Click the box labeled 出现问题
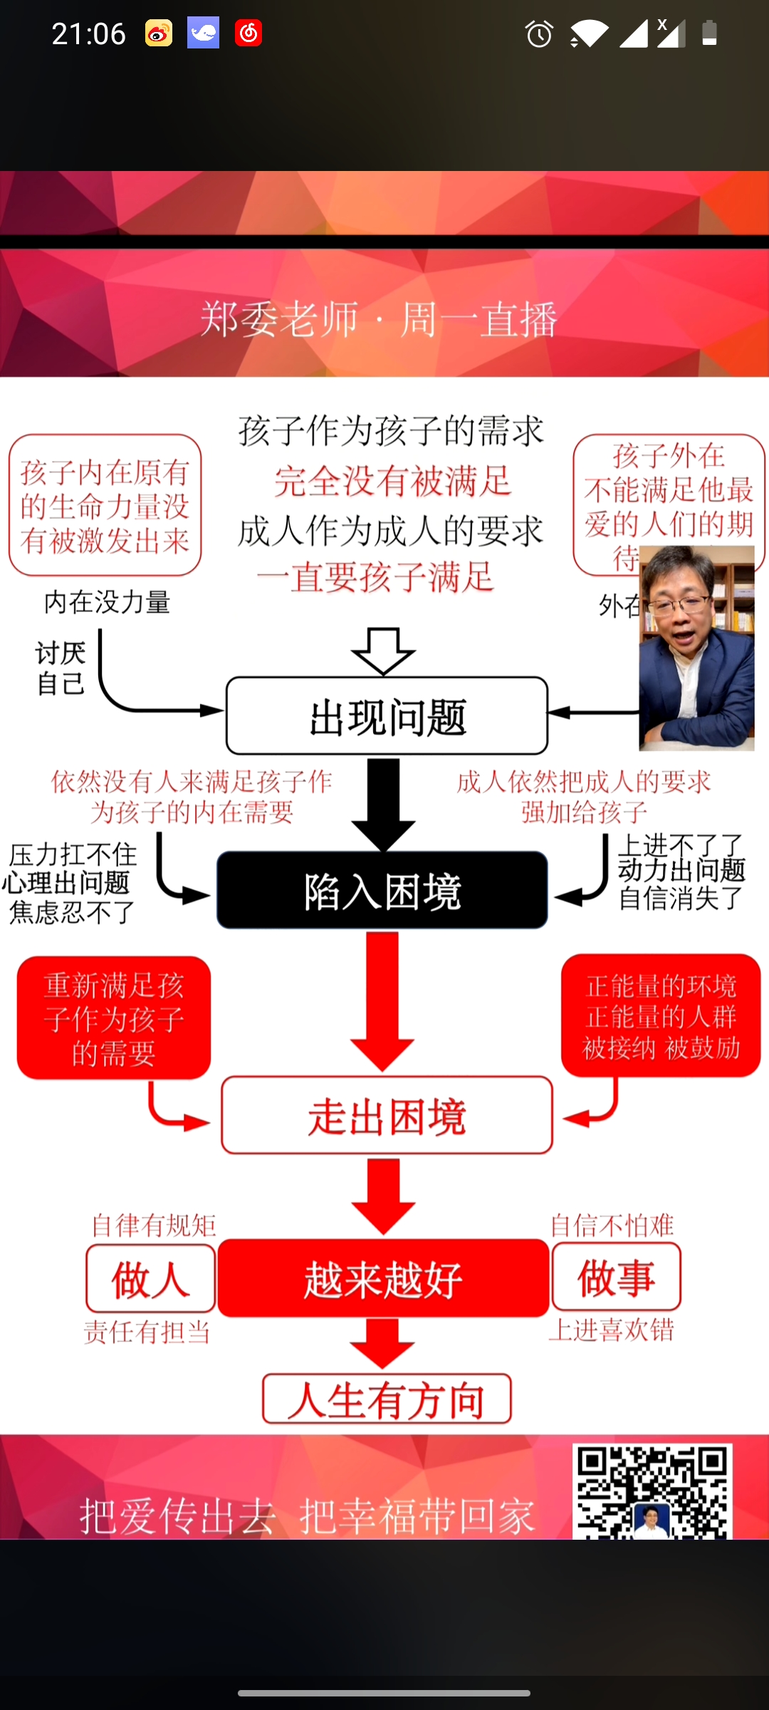(387, 716)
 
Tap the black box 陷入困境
(382, 891)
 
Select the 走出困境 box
(387, 1116)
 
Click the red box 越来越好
(383, 1278)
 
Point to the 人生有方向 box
(387, 1399)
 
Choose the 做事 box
(616, 1278)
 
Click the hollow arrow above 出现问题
(383, 651)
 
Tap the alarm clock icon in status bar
(539, 33)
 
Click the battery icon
(709, 33)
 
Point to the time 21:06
(88, 33)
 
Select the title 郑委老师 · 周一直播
(378, 318)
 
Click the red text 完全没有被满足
(392, 481)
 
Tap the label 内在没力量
(107, 603)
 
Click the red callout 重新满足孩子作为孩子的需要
(114, 1018)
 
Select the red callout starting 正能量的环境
(661, 1016)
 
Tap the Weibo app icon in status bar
(159, 33)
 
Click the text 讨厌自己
(61, 668)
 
